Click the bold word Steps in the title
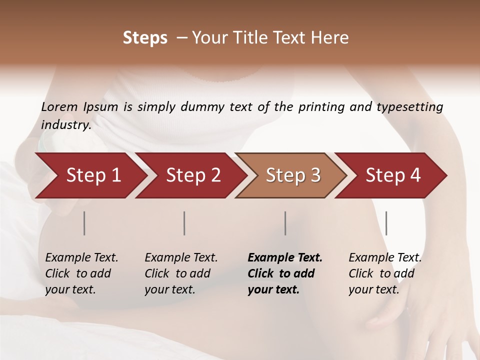click(x=145, y=38)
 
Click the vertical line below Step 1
click(x=84, y=223)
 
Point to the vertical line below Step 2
click(x=184, y=223)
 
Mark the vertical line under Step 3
click(x=285, y=223)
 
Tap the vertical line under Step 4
click(x=386, y=223)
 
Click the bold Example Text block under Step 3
click(x=285, y=273)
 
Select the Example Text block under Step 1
click(x=81, y=273)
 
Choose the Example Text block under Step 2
click(x=181, y=273)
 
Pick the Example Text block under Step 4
click(x=385, y=273)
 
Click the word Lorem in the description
click(x=59, y=106)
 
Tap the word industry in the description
click(x=65, y=125)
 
